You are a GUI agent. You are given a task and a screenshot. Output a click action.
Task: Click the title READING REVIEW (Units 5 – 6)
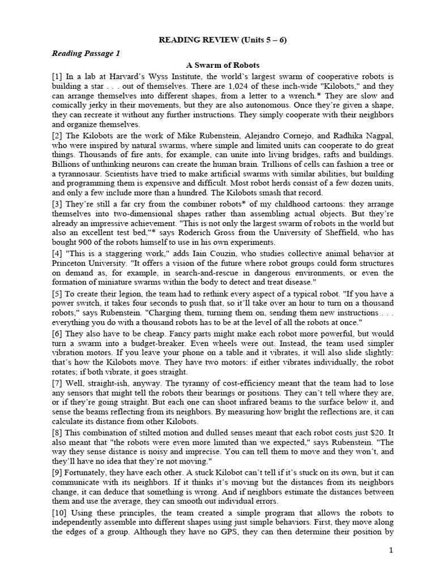point(217,40)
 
